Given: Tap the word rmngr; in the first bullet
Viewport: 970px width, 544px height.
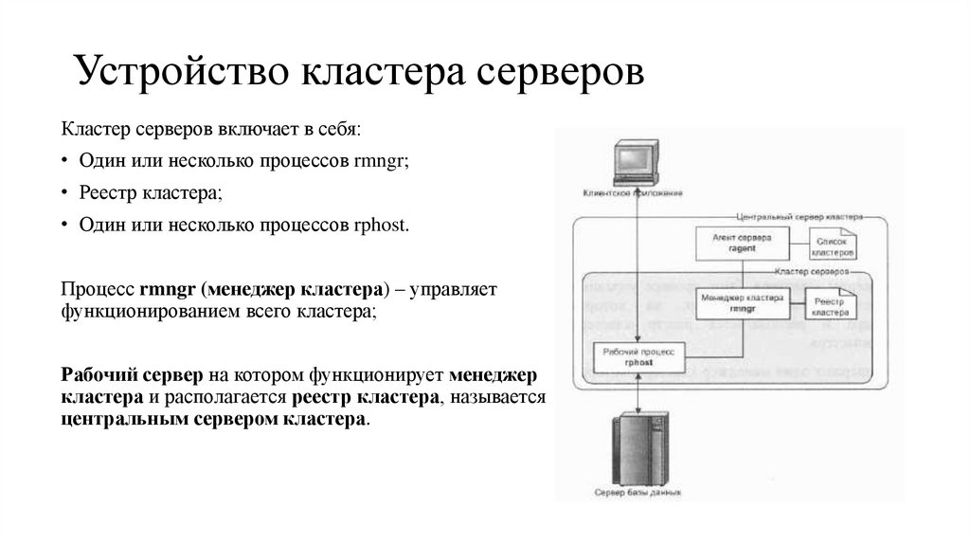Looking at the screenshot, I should (x=381, y=160).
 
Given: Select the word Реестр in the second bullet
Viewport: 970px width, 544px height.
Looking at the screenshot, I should (x=106, y=193).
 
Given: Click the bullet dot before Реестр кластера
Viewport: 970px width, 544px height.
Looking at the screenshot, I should (x=67, y=193).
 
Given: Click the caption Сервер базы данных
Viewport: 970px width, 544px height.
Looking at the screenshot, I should (x=638, y=494).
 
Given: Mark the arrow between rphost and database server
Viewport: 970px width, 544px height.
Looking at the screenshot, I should (x=640, y=391).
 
